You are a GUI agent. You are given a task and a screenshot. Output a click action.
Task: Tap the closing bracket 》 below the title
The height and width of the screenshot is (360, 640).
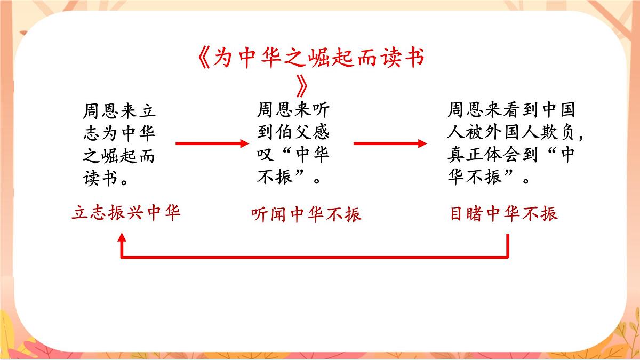(x=302, y=84)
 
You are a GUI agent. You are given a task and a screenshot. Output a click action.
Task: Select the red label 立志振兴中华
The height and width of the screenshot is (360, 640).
(x=126, y=213)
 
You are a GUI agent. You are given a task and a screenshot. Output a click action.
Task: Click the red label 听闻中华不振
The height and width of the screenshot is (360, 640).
(x=306, y=214)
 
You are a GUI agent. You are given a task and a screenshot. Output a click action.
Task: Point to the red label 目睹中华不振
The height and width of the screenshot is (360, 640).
(x=503, y=214)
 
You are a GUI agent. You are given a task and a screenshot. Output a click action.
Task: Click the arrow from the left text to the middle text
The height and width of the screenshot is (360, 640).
(x=212, y=143)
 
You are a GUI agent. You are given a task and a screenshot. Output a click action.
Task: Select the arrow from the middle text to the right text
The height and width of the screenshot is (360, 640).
(x=390, y=143)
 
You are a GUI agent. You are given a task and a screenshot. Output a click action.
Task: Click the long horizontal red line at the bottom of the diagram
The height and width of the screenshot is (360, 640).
(x=315, y=257)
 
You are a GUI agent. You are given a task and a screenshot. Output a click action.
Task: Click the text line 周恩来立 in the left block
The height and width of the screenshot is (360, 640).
(x=119, y=111)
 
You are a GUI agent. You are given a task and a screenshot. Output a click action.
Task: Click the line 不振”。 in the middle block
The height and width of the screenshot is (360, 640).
(x=291, y=178)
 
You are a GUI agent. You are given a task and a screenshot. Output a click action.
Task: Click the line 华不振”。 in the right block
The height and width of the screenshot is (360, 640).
(x=489, y=178)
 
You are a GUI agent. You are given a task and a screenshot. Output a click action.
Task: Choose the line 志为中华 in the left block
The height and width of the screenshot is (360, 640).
(x=119, y=134)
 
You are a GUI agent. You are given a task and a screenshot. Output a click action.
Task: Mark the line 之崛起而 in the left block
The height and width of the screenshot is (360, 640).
(x=119, y=156)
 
